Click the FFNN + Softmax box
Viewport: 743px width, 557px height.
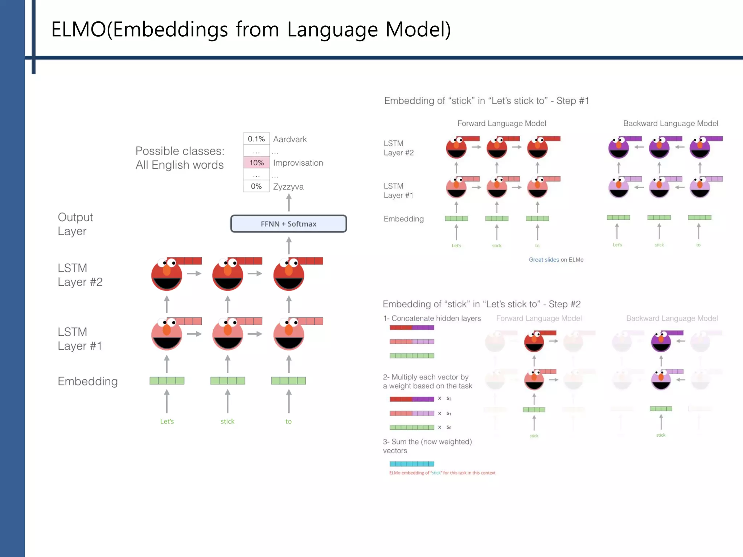pos(288,224)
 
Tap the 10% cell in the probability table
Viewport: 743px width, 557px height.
pos(256,163)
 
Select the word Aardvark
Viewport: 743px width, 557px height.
pos(290,139)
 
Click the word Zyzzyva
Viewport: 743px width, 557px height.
pos(288,187)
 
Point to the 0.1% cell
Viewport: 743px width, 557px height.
pos(256,139)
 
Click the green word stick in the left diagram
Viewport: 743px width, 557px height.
pos(227,421)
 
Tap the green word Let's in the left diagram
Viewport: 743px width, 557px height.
pos(167,421)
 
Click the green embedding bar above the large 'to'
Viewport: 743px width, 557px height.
pos(288,380)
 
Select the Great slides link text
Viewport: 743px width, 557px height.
pos(543,260)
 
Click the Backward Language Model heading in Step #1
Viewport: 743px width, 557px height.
pos(670,123)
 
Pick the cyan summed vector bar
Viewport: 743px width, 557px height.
pos(412,464)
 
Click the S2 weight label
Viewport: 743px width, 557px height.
pos(449,399)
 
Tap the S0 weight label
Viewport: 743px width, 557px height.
pos(449,427)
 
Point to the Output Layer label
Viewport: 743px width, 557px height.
pos(75,224)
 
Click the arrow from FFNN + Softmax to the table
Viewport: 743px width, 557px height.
pos(289,203)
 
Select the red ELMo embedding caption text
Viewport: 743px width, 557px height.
pos(442,473)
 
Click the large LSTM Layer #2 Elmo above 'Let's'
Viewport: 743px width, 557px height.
pos(167,275)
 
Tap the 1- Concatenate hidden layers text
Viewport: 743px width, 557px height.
pos(432,318)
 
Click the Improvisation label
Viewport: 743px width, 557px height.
pos(298,163)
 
